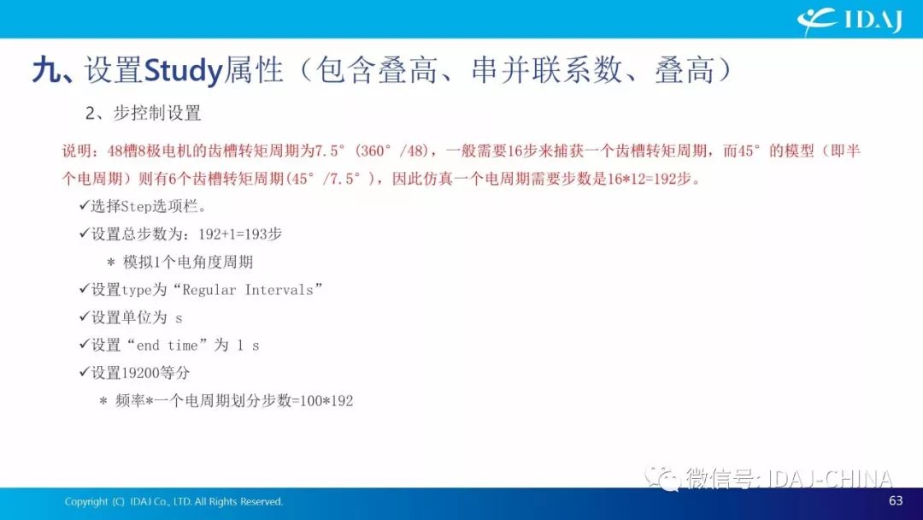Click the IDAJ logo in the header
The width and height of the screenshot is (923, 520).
click(x=850, y=21)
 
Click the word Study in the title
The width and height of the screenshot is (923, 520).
click(x=183, y=71)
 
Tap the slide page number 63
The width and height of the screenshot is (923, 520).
click(x=896, y=500)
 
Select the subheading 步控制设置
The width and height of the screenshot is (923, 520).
click(x=156, y=113)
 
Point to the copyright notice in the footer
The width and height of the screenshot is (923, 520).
click(x=173, y=502)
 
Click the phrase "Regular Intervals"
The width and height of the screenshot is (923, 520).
click(x=248, y=290)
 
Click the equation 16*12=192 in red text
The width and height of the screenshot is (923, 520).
click(x=641, y=179)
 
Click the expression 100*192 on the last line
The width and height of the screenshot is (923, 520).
click(x=326, y=401)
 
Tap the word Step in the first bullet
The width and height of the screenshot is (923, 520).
click(x=136, y=207)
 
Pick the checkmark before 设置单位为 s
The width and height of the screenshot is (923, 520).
click(x=84, y=316)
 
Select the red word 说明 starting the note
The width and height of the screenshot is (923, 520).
click(x=77, y=151)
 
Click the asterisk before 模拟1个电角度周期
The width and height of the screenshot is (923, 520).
click(x=110, y=263)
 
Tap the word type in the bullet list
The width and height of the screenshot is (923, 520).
click(x=137, y=290)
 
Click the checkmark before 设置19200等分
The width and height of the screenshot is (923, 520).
click(x=84, y=372)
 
